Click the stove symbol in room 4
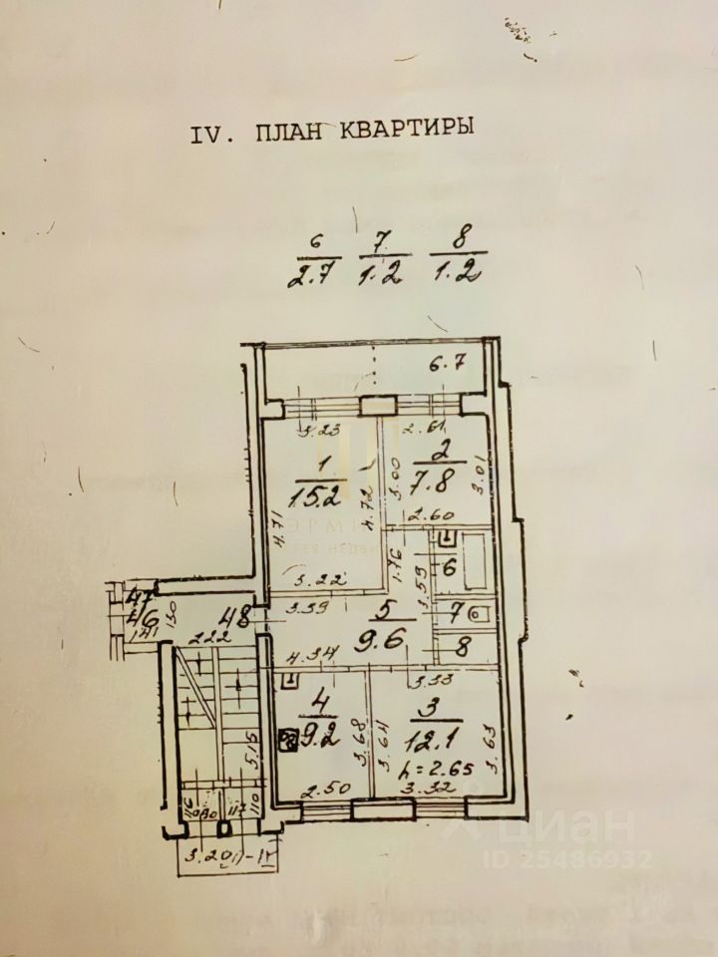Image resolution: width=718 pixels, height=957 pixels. point(286,740)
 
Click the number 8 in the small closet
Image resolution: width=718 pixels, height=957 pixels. point(461,646)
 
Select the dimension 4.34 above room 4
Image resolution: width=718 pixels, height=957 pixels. point(303,656)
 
